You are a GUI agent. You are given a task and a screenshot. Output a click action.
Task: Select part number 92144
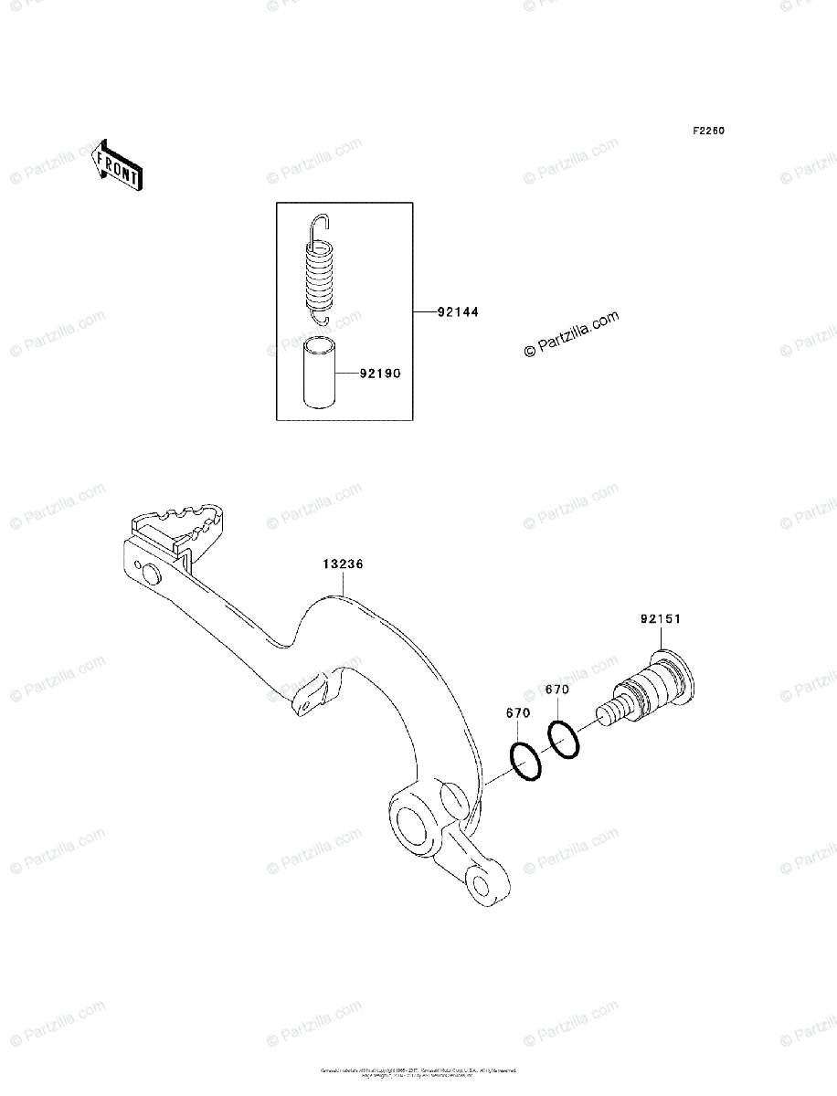point(458,312)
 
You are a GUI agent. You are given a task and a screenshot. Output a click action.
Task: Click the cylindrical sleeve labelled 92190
point(319,374)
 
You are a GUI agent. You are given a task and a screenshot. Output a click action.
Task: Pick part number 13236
point(343,564)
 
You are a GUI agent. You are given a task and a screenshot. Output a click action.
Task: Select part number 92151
point(661,619)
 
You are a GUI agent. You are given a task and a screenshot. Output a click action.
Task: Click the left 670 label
point(518,712)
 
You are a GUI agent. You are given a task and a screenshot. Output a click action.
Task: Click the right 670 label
point(557,690)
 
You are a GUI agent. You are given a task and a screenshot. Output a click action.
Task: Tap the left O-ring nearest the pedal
point(524,762)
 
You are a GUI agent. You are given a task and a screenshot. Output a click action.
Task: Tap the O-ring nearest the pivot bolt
point(563,739)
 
